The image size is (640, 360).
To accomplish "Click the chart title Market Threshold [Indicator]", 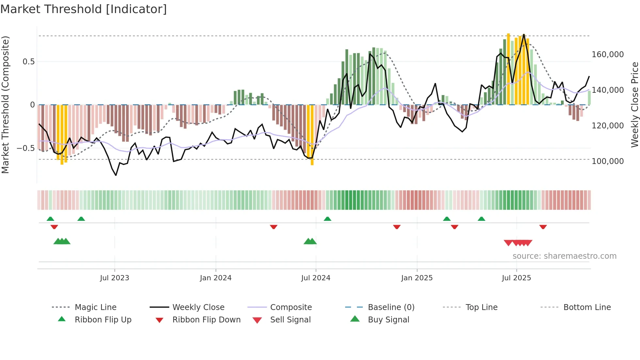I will [84, 9].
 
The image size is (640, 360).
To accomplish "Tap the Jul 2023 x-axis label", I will [115, 278].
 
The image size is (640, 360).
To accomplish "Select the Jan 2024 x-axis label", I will [216, 278].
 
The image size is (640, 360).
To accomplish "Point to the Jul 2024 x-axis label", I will [316, 278].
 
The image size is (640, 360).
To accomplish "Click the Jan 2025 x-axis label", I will [417, 278].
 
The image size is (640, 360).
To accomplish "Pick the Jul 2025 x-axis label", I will [516, 278].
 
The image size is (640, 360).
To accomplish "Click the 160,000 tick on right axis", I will [608, 55].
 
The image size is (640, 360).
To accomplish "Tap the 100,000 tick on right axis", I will [608, 161].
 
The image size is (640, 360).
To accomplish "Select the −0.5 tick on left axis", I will [25, 148].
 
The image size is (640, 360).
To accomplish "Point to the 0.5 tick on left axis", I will [28, 62].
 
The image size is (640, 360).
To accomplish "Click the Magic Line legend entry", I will [95, 307].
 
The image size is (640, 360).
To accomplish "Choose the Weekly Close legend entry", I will [198, 307].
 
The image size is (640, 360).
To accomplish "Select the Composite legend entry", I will [291, 307].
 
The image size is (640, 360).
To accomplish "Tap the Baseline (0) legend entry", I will [391, 307].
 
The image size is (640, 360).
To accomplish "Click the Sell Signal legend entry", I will [290, 320].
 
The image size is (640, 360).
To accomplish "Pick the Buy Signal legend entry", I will [388, 320].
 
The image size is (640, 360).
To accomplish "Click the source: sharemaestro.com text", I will [564, 256].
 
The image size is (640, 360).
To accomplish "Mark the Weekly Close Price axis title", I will [634, 105].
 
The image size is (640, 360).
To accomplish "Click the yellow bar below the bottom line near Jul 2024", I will [312, 137].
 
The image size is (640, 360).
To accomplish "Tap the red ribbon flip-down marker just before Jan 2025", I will [397, 227].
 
